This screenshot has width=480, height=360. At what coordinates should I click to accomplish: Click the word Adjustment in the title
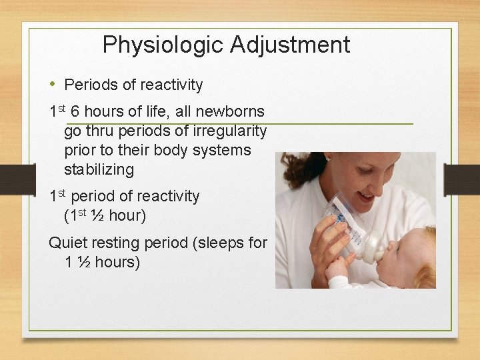click(290, 45)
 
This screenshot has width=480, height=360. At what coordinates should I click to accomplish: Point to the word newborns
click(231, 112)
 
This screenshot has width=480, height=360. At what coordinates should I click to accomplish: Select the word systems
click(223, 151)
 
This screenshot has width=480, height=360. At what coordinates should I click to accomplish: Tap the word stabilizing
click(99, 170)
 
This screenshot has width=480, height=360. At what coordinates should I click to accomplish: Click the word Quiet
click(67, 243)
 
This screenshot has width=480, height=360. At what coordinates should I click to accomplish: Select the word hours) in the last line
click(117, 263)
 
